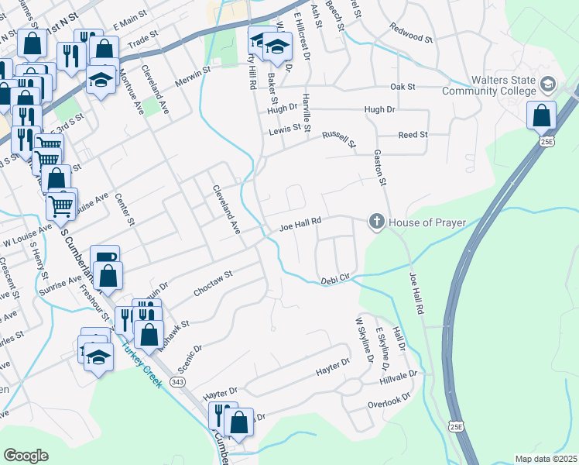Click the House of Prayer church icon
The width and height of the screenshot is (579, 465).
pos(376,222)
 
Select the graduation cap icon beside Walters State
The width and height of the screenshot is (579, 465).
pos(548,84)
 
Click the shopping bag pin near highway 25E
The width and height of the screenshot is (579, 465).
pos(541,116)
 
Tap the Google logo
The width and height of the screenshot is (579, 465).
pos(26,456)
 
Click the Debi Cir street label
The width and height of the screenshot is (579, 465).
pos(336,279)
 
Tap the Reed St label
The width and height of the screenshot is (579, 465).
pos(413,135)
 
